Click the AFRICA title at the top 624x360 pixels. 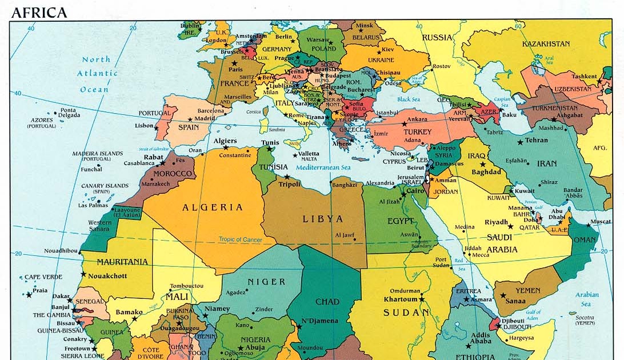coord(39,12)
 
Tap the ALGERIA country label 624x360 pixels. coord(213,207)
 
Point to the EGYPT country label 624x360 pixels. coord(401,221)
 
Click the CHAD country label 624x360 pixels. coord(327,301)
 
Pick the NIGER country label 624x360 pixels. coord(266,282)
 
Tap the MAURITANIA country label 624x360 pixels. coord(122,262)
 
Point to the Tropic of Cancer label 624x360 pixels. coord(240,239)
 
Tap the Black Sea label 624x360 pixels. coord(409,99)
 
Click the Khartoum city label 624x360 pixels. coord(399,299)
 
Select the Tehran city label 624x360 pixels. coord(536,141)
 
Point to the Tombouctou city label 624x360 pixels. coord(187,286)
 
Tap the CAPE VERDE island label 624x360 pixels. coord(42,277)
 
